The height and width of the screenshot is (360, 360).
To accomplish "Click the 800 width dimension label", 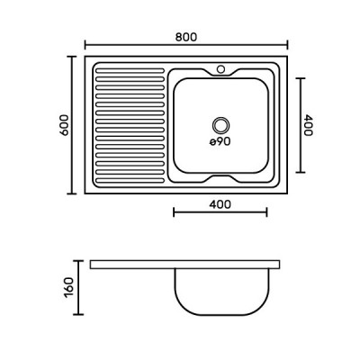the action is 186,37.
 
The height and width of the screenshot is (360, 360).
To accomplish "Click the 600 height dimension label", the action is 64,125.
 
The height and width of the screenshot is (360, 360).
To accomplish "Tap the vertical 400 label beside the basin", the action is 308,125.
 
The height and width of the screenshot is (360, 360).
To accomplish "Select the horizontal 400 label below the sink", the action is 220,204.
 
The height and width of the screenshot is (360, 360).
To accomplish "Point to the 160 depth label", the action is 68,287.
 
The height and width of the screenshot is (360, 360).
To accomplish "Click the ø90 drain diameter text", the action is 220,141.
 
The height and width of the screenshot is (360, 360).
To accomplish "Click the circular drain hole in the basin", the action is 220,125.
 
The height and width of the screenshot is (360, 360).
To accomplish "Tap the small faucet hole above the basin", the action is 220,69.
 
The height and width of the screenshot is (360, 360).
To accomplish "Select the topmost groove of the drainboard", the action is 130,71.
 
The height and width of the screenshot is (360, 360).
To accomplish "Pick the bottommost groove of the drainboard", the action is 130,181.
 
